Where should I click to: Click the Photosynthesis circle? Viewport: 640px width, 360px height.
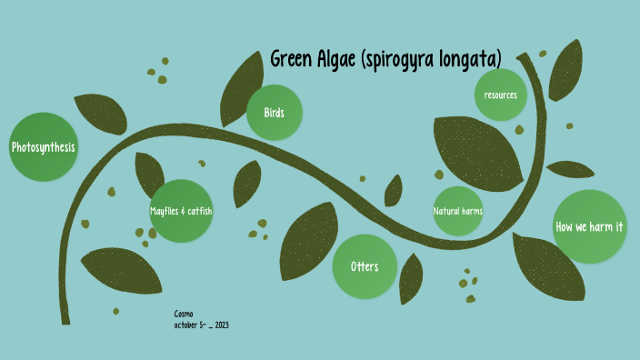43,147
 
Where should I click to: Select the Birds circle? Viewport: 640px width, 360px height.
275,113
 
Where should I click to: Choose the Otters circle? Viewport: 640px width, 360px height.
364,266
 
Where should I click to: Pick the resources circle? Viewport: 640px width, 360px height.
500,95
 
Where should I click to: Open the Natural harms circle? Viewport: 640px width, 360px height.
457,211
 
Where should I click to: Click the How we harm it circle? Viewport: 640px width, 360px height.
588,227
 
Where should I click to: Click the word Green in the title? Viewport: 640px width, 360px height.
291,59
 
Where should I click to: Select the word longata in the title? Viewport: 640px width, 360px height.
471,61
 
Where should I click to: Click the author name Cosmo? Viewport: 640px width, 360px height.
184,313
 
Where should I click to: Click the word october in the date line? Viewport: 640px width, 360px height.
185,325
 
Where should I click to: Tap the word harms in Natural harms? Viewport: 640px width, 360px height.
471,211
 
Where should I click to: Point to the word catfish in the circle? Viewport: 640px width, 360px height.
200,211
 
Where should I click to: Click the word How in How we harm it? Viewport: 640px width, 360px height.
564,227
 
